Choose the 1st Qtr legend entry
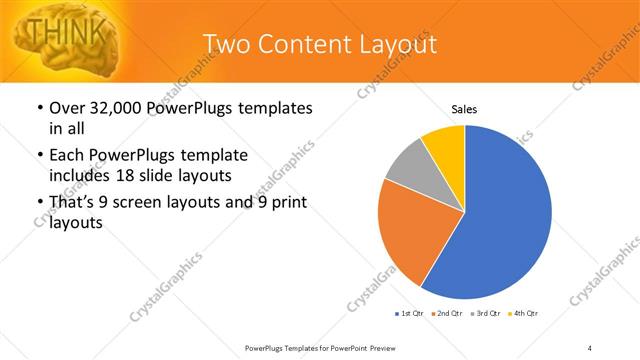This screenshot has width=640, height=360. (x=410, y=314)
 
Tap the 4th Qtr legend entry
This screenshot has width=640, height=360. (x=525, y=314)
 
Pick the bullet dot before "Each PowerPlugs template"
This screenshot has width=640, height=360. (x=40, y=156)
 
